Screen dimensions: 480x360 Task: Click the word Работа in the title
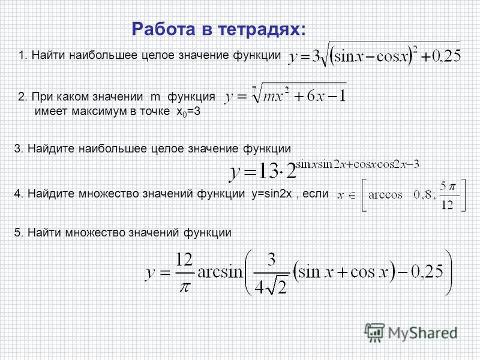click(163, 29)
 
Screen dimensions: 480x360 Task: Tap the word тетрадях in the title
click(262, 29)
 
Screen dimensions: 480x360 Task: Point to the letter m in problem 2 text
click(155, 97)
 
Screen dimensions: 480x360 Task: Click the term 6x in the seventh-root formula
click(316, 96)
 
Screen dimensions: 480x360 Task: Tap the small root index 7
click(254, 88)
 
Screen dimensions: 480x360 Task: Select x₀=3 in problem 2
click(188, 112)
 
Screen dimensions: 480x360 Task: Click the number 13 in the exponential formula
click(267, 171)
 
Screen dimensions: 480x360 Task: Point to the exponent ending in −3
click(357, 164)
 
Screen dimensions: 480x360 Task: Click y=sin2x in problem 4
click(272, 194)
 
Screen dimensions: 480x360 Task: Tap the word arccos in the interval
click(385, 194)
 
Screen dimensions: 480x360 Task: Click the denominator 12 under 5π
click(447, 205)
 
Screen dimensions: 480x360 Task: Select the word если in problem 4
click(316, 194)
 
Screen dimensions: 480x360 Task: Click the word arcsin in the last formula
click(220, 272)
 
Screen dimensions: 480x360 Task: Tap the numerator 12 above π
click(184, 260)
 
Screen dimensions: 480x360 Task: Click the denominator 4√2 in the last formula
click(271, 287)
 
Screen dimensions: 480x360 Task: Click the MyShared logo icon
click(374, 333)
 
